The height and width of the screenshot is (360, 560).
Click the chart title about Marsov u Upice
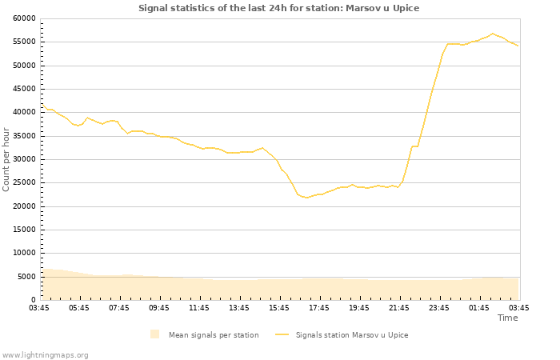(278, 8)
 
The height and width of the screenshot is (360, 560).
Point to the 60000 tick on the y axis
(25, 18)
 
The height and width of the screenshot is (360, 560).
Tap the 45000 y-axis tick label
(25, 89)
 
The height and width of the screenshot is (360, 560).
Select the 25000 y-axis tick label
(25, 183)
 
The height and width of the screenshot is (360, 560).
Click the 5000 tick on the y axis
(27, 277)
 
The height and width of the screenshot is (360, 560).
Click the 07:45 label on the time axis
(119, 307)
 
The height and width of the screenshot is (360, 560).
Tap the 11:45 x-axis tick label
(199, 307)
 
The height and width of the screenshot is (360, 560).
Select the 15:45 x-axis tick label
(279, 307)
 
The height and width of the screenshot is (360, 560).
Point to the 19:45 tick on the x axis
(359, 307)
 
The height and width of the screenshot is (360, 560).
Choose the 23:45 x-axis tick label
(439, 307)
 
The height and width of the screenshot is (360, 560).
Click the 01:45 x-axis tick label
(479, 307)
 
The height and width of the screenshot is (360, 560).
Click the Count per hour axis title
(7, 159)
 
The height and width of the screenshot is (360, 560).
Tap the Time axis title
(507, 318)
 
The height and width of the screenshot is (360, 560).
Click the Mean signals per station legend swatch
(154, 334)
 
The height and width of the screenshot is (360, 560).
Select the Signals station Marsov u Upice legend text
(352, 334)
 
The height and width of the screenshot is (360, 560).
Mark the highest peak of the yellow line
(493, 34)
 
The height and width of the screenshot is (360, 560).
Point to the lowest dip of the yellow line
(306, 198)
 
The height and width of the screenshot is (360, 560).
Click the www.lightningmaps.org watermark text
(46, 354)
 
